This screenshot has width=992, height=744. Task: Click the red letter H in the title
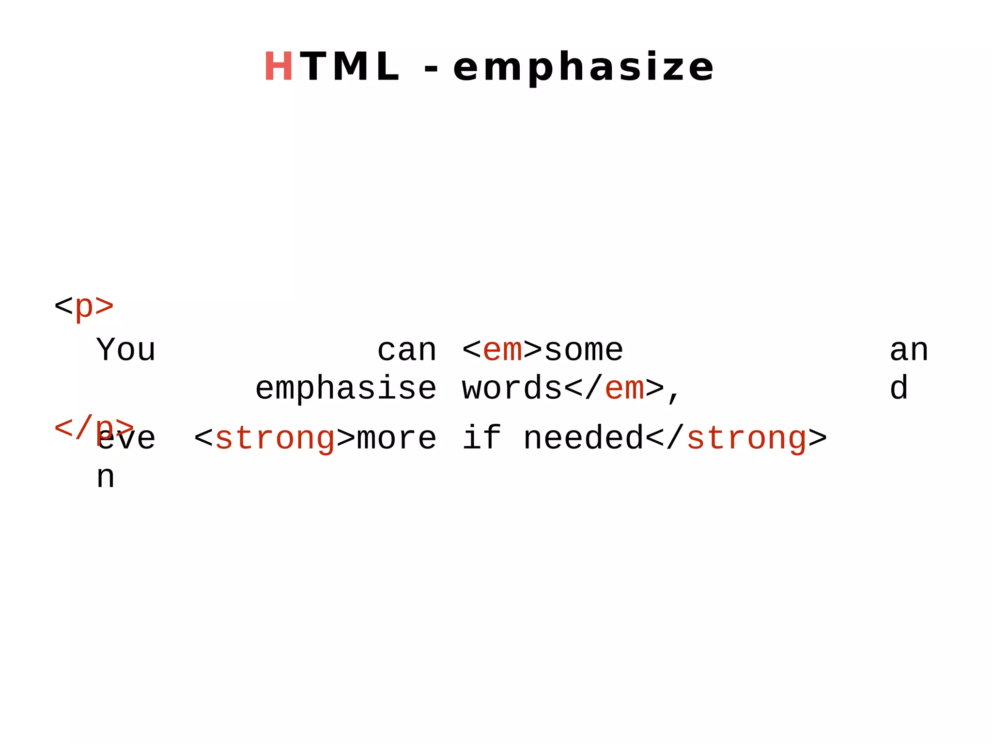[x=278, y=67]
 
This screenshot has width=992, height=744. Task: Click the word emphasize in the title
[x=583, y=68]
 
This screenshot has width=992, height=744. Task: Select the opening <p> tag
[x=84, y=306]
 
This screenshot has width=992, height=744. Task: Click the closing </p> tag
[x=93, y=427]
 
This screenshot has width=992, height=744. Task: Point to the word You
[x=126, y=350]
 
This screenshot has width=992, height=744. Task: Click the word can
[x=407, y=350]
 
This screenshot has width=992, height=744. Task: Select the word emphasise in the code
[x=346, y=388]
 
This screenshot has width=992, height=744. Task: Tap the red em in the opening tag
[x=503, y=350]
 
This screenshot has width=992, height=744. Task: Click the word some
[x=584, y=350]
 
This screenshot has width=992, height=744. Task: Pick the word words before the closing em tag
[x=512, y=388]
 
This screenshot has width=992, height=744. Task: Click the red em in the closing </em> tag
[x=624, y=388]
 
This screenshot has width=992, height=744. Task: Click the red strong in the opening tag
[x=275, y=438]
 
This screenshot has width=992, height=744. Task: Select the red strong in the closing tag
[x=746, y=438]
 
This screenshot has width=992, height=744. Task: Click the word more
[x=397, y=438]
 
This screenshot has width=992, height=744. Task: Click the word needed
[x=584, y=438]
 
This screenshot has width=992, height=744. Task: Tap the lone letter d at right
[x=899, y=388]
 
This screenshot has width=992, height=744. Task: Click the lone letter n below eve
[x=106, y=478]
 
